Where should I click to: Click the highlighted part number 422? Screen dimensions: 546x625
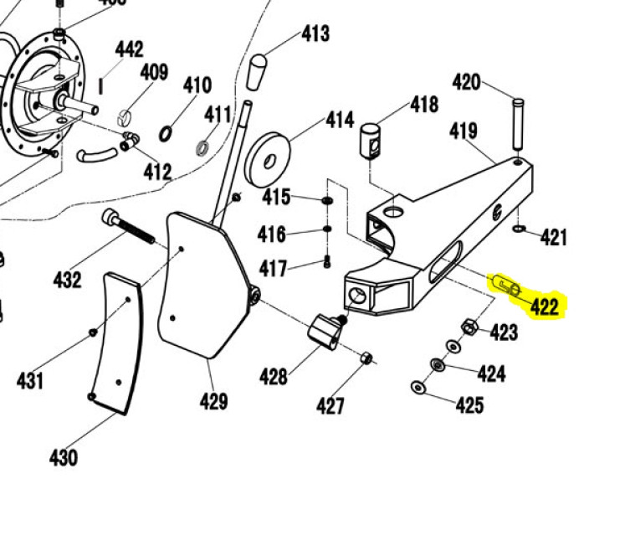click(545, 306)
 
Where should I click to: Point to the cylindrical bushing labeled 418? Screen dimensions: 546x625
click(372, 139)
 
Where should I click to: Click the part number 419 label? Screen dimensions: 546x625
click(463, 131)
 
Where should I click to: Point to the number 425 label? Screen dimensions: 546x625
click(469, 405)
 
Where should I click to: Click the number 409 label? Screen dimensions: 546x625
click(154, 72)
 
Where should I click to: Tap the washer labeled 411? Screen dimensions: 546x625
click(202, 149)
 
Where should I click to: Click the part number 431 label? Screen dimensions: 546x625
click(30, 381)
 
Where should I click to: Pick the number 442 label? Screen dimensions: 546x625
click(130, 51)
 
